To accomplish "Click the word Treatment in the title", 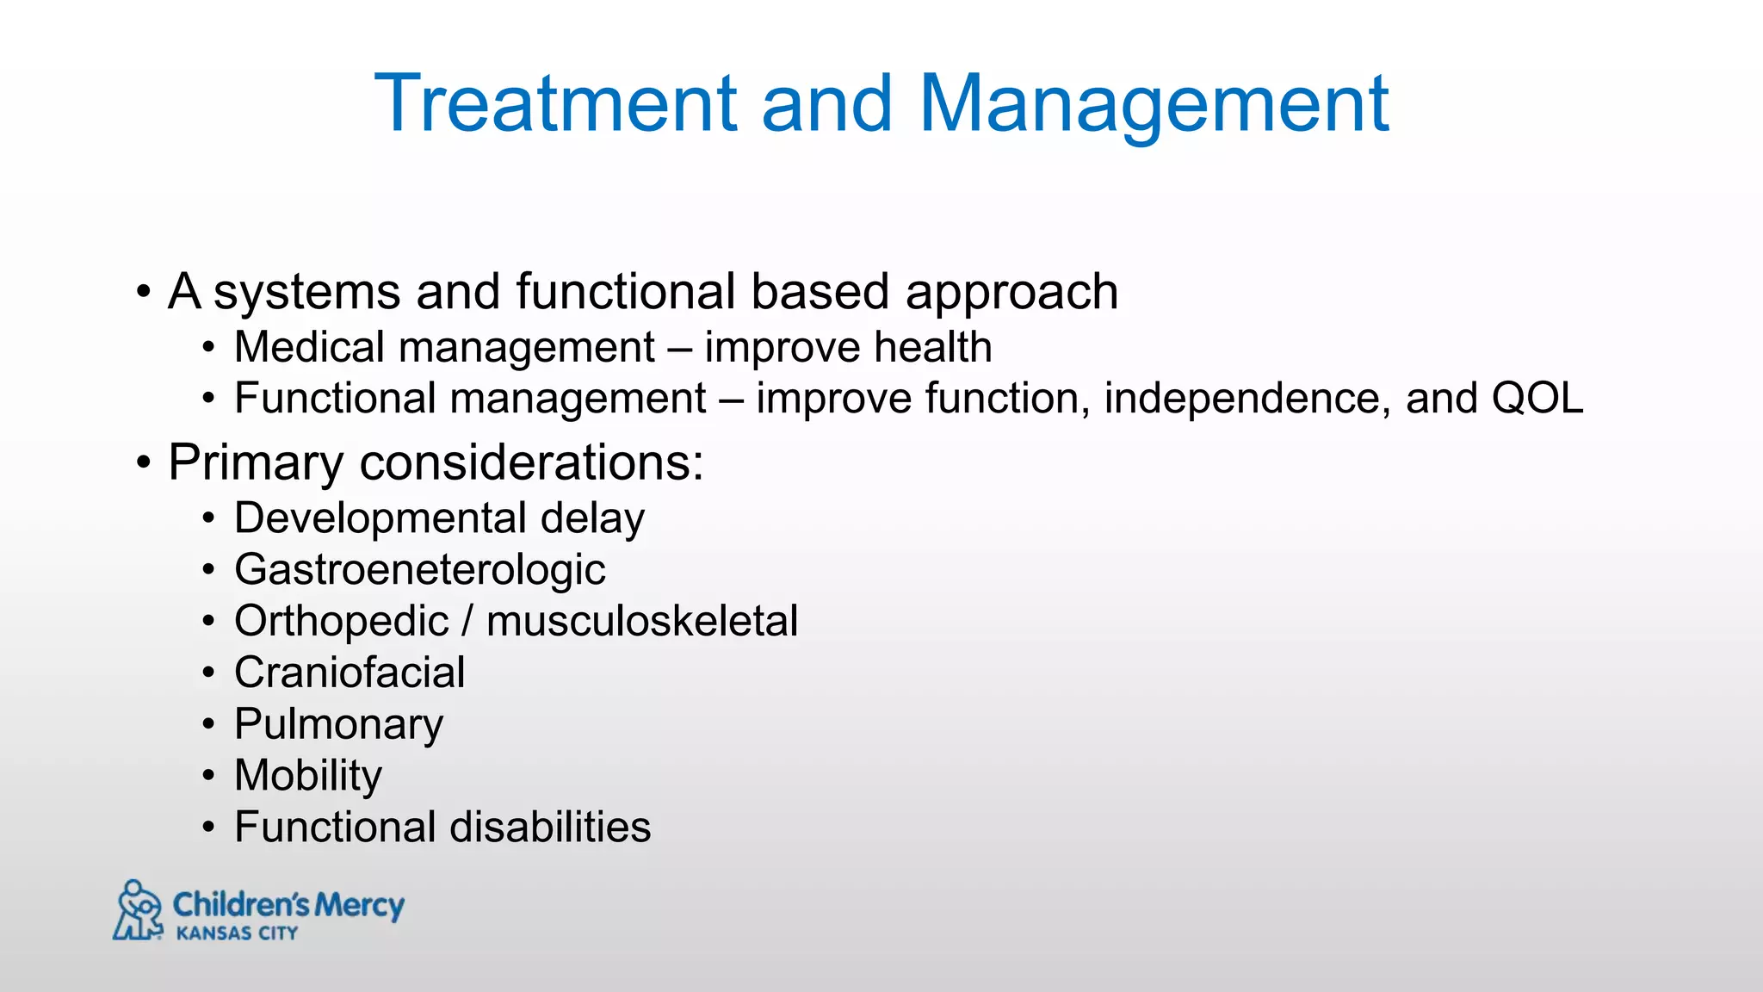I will pos(555,104).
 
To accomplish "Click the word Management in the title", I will pos(1154,104).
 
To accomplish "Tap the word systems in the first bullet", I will pos(306,293).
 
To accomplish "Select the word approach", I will pos(1011,293).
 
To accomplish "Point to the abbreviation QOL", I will pos(1537,399).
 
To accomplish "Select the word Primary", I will pos(256,463).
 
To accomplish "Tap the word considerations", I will pos(530,463).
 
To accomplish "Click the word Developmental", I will pos(380,518).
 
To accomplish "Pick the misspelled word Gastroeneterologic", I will pos(420,570).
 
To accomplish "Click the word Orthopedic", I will pos(342,622).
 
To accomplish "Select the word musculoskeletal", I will pos(642,622).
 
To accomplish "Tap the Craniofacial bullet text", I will pos(350,673).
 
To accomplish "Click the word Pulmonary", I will pos(338,724).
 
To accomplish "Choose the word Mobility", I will pos(308,776).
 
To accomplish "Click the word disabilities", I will pos(550,828).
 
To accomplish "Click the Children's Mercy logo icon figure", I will pos(138,910).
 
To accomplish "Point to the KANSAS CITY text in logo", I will pos(237,933).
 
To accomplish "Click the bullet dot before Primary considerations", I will pos(143,463).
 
